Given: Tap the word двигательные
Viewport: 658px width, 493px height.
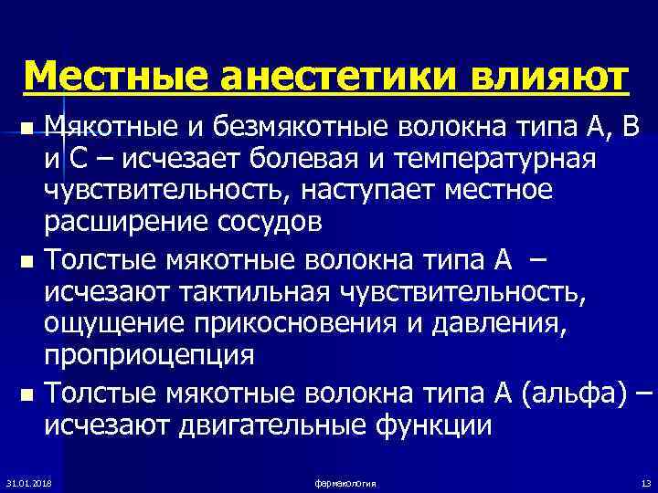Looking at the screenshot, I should [x=261, y=425].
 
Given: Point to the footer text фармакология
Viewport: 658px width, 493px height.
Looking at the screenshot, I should [x=345, y=481].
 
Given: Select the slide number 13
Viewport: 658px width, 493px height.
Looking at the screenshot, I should [x=645, y=481].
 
